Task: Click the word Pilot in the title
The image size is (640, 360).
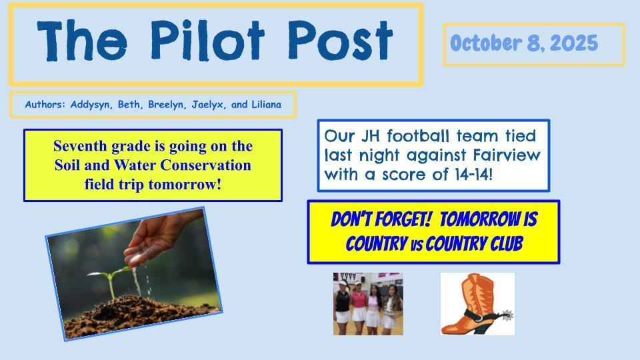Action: click(208, 40)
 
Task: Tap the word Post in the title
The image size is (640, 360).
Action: click(340, 40)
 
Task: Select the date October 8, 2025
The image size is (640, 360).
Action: click(524, 43)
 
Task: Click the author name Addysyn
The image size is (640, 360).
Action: click(90, 105)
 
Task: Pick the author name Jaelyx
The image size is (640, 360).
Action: click(208, 105)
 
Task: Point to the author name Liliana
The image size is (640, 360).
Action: click(266, 105)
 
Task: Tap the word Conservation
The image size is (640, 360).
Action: click(205, 165)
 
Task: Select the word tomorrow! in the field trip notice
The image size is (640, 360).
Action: click(185, 185)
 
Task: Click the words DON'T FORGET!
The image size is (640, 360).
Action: click(381, 219)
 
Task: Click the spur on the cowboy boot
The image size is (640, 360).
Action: click(505, 315)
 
